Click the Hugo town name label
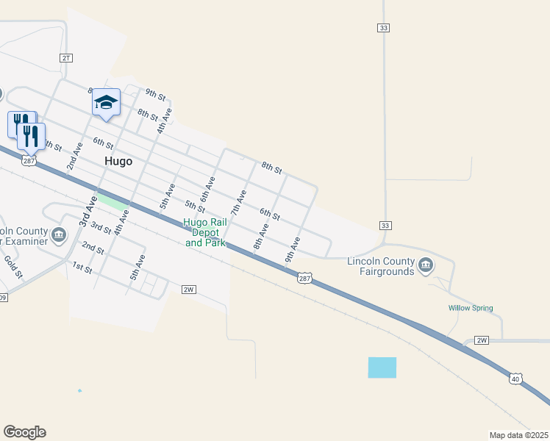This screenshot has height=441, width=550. tap(118, 162)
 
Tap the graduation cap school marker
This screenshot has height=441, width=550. tap(106, 104)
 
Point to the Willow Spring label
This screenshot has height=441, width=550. tap(471, 308)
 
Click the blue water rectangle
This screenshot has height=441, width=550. tap(382, 367)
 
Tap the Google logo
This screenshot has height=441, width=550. tap(24, 432)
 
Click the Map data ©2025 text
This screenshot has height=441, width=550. tap(518, 435)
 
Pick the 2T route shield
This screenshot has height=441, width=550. tap(66, 57)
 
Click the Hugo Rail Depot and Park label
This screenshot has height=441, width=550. tap(204, 232)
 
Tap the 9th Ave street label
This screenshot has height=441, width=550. tap(293, 249)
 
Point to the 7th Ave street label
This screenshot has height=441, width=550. tap(238, 203)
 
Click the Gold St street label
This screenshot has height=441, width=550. tap(14, 266)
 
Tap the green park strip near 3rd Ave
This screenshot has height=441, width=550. tap(113, 201)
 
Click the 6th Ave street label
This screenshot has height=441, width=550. tap(207, 190)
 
